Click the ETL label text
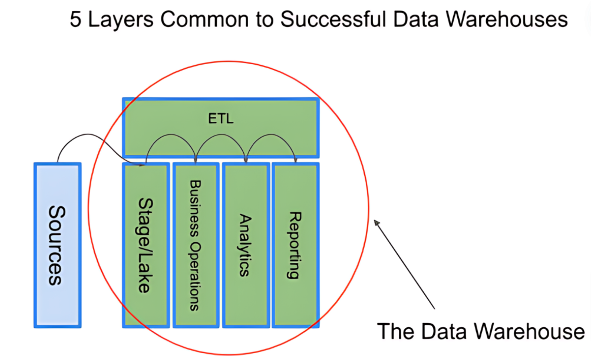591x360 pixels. tap(221, 118)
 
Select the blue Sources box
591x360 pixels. tap(57, 245)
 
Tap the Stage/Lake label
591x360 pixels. tap(145, 245)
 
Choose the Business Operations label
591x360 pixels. tap(195, 245)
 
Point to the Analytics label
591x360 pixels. tap(245, 245)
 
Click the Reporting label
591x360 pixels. tap(294, 245)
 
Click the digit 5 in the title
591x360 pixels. tap(75, 19)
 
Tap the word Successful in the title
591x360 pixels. tap(333, 19)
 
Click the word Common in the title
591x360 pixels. tap(205, 19)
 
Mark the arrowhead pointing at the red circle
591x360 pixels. tap(377, 223)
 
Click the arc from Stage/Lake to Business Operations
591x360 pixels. tap(171, 135)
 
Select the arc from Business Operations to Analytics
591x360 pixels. tap(221, 135)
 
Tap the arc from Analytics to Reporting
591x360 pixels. tap(271, 135)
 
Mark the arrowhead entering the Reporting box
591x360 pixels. tap(295, 160)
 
